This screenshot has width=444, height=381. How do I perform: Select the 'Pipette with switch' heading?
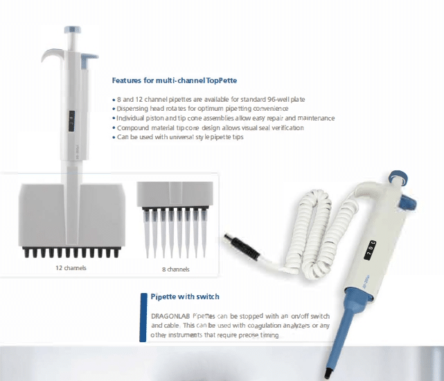click(x=185, y=296)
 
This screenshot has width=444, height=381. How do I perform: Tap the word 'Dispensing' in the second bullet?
click(x=134, y=109)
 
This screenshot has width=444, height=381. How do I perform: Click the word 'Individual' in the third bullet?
click(x=133, y=118)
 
